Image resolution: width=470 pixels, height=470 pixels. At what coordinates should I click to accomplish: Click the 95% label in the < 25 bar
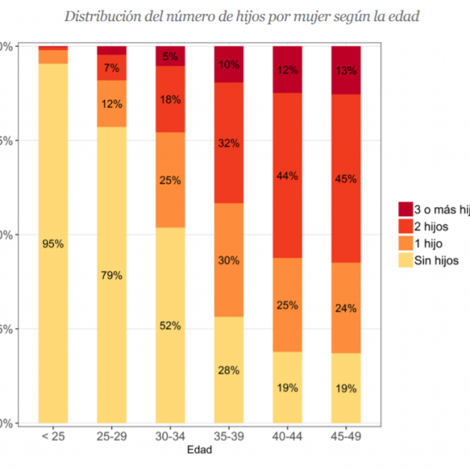(x=53, y=244)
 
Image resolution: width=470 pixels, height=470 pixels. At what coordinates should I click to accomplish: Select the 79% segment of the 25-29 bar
(x=112, y=275)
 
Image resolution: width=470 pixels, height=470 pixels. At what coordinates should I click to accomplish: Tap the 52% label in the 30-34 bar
(x=171, y=325)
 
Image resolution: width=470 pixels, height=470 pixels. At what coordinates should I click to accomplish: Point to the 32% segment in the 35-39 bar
(x=229, y=143)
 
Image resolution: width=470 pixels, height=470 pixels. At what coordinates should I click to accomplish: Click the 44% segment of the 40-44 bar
(x=287, y=175)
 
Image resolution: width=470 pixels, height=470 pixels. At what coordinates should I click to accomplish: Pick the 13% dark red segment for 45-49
(x=345, y=70)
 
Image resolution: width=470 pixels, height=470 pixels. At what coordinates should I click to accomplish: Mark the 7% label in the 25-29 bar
(x=112, y=67)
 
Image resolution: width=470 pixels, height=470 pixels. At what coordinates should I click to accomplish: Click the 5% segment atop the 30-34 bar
(x=171, y=56)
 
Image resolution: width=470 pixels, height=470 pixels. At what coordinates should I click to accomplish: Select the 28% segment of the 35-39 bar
(x=229, y=370)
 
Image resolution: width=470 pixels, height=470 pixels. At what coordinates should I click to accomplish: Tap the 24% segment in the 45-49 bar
(x=345, y=308)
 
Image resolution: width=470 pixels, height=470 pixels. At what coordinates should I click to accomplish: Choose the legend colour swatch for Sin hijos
(x=405, y=261)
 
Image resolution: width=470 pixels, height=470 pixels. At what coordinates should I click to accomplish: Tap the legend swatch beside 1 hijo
(x=405, y=244)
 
